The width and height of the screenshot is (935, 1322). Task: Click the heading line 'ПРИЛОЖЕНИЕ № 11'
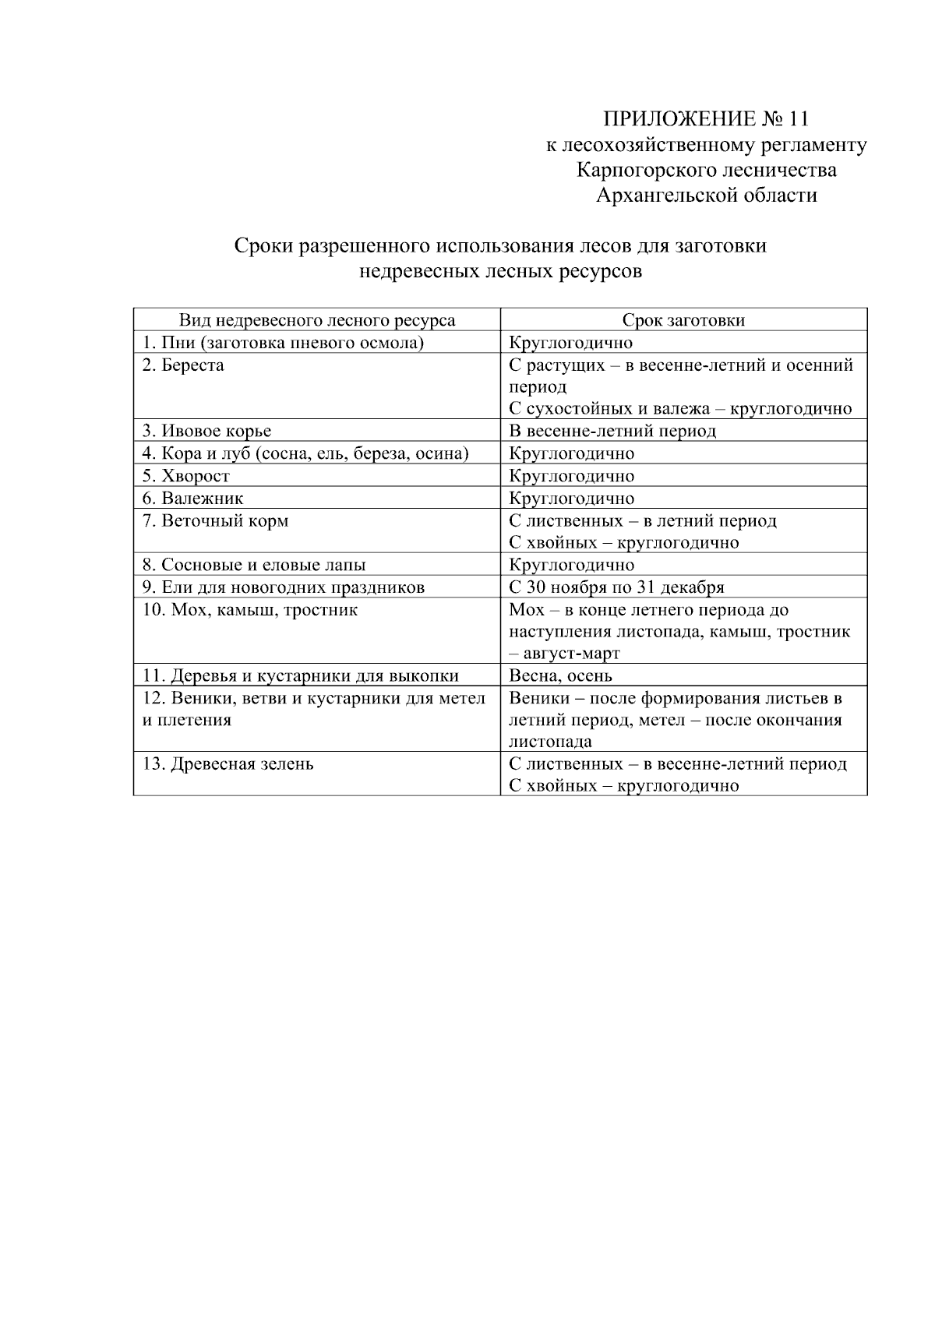(x=706, y=118)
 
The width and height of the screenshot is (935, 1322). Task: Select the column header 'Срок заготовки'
(x=683, y=320)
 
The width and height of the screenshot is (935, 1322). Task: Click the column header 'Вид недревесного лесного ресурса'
(x=317, y=320)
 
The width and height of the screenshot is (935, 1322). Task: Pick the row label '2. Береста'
(x=183, y=365)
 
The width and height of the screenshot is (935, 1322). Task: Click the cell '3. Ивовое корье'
(x=206, y=431)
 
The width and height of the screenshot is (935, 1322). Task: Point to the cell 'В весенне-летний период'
(x=612, y=431)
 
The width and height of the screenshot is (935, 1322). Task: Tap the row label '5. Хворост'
(x=186, y=476)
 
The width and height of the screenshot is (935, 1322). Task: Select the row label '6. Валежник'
(x=192, y=499)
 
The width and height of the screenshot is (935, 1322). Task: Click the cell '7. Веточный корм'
(x=215, y=520)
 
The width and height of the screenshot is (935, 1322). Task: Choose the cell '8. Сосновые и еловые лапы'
(x=254, y=565)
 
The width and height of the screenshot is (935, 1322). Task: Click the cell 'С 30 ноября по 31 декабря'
(x=616, y=587)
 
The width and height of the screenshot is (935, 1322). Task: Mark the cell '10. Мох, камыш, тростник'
(x=249, y=610)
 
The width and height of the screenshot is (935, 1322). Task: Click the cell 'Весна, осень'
(x=560, y=676)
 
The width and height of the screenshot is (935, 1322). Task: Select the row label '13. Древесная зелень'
(x=228, y=764)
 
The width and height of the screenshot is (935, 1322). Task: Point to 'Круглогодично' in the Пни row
(x=570, y=343)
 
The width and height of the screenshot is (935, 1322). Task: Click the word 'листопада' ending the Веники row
(x=550, y=742)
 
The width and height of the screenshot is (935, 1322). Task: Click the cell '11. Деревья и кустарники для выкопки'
(x=301, y=676)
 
